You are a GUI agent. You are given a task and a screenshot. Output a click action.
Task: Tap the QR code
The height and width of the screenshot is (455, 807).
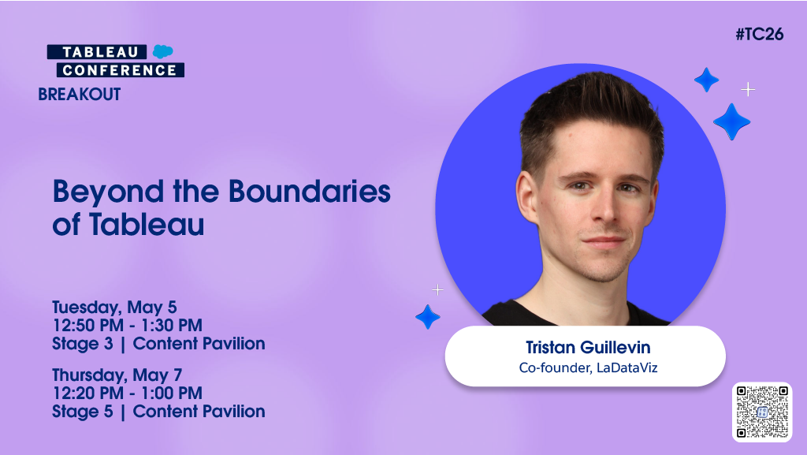tap(761, 411)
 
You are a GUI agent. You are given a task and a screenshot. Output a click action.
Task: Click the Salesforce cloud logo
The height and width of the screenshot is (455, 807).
tap(163, 52)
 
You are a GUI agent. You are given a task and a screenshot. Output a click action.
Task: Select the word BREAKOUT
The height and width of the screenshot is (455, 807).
tap(80, 95)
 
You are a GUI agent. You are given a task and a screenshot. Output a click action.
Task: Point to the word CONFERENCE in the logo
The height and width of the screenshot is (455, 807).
tap(120, 69)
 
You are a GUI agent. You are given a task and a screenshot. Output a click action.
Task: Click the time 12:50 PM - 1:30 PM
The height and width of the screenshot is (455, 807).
tap(127, 325)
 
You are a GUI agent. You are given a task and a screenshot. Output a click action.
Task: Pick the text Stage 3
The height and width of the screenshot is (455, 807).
tap(87, 344)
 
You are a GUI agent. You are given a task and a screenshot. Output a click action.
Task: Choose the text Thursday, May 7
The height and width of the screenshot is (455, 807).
tap(117, 375)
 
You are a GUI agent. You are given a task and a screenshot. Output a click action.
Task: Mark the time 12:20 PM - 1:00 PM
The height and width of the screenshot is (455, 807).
tap(127, 393)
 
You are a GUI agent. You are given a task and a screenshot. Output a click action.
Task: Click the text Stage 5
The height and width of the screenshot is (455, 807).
tap(87, 412)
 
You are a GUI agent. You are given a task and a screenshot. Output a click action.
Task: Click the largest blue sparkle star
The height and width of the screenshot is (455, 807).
tap(731, 122)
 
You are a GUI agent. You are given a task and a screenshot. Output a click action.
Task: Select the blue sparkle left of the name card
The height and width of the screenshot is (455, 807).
tap(428, 316)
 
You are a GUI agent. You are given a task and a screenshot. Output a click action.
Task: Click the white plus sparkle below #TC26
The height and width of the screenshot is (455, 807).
tap(748, 89)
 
